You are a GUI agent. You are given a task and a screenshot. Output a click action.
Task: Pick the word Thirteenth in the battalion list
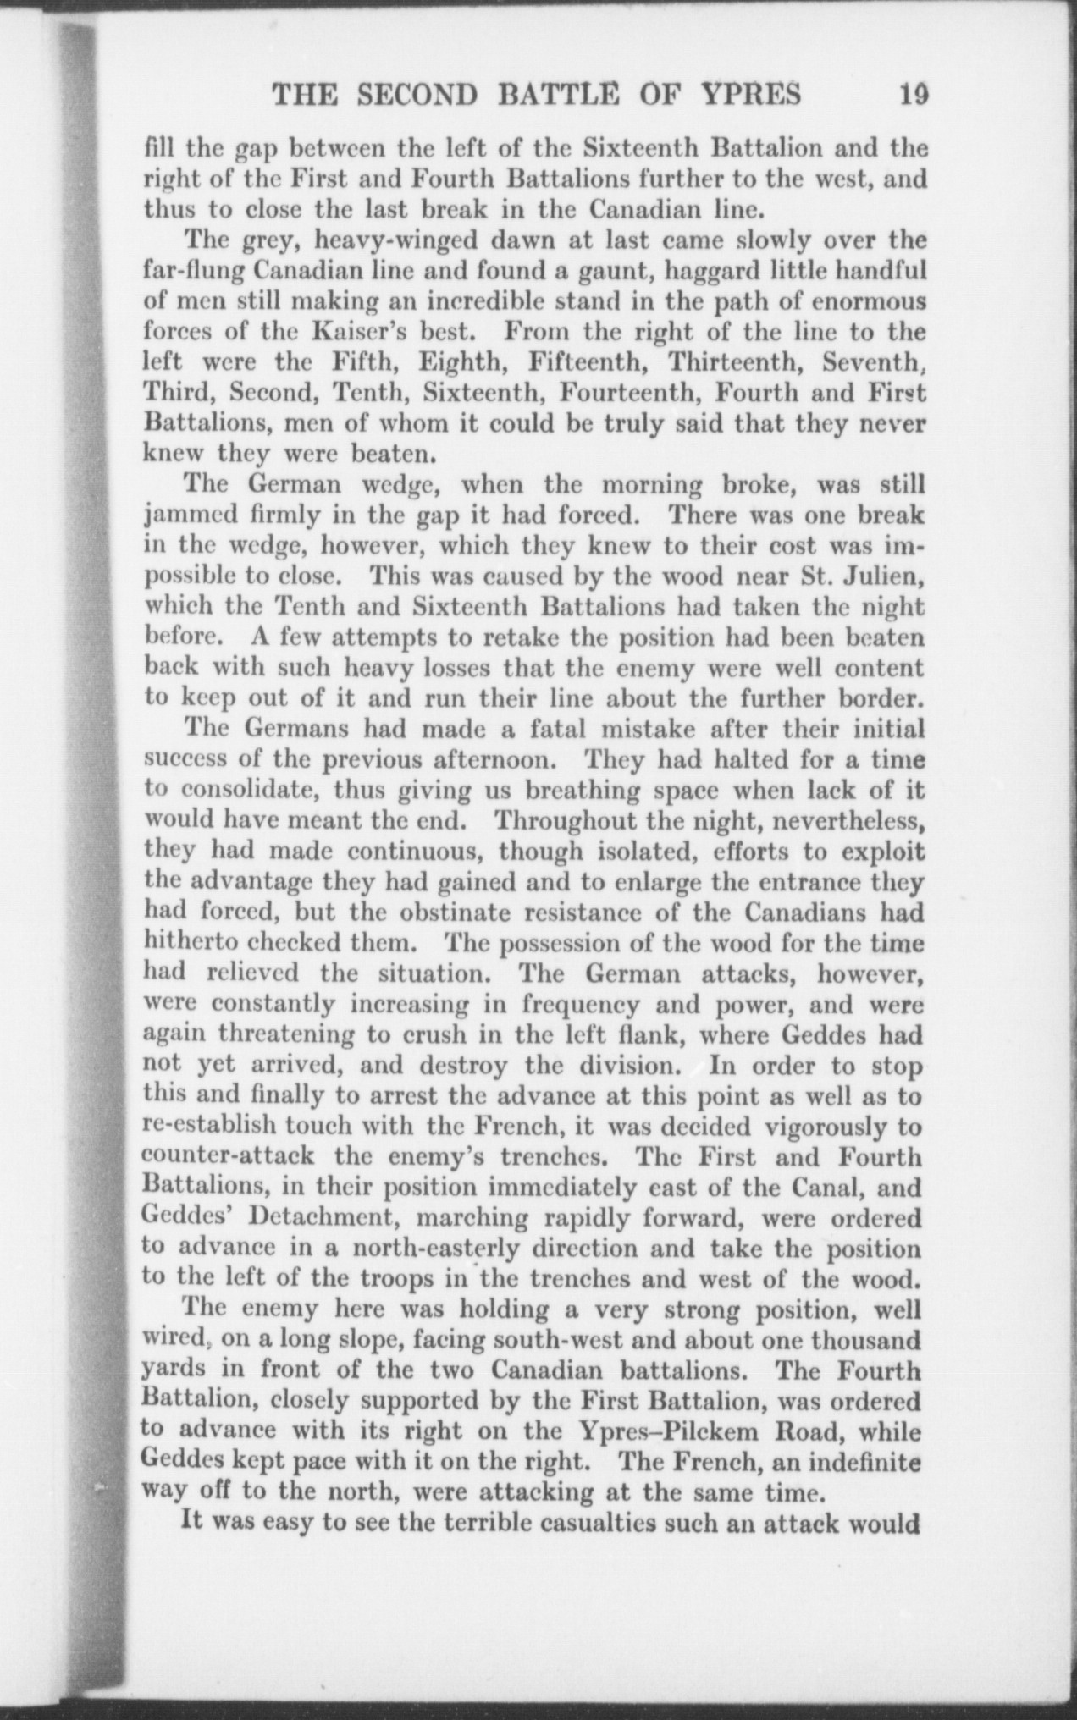(x=729, y=363)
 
